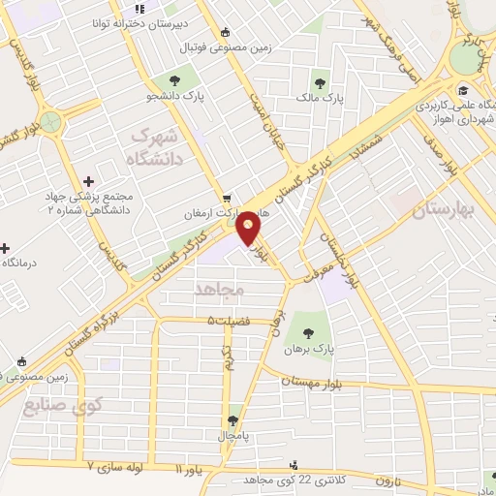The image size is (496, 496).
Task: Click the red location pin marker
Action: pyautogui.click(x=249, y=229)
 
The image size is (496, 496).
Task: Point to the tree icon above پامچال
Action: pyautogui.click(x=232, y=420)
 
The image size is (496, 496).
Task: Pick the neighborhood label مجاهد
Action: pyautogui.click(x=222, y=289)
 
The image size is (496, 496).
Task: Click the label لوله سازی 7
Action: pyautogui.click(x=121, y=466)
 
